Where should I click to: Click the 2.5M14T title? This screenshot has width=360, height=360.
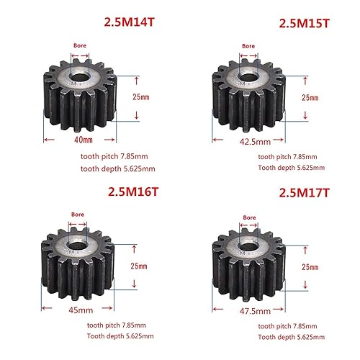click(129, 22)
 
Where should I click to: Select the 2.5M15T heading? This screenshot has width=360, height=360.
click(304, 24)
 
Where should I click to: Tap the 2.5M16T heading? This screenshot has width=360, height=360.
click(133, 192)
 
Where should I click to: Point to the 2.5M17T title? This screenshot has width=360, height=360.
click(305, 193)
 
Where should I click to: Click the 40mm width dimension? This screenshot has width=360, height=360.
click(84, 140)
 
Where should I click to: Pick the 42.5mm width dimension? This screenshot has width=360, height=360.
click(255, 142)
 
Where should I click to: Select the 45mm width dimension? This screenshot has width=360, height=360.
click(81, 310)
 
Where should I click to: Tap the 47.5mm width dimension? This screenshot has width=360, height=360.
click(255, 311)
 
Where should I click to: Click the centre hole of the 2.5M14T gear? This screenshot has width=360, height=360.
click(78, 78)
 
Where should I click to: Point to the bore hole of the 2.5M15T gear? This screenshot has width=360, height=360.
click(248, 77)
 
